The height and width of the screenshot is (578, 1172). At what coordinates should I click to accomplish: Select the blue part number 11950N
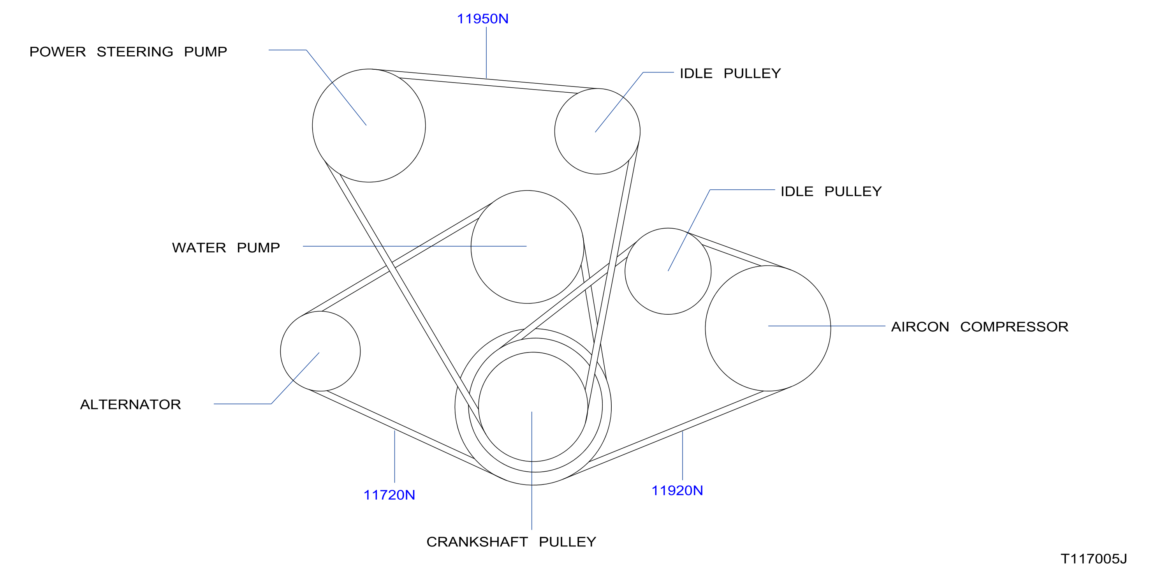click(482, 19)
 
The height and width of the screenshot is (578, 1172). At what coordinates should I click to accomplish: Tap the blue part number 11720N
click(389, 495)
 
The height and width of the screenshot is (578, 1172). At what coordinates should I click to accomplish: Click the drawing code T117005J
click(1094, 559)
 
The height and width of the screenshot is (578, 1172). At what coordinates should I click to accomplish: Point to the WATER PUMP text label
click(226, 248)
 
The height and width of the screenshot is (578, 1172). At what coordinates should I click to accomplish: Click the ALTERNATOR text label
click(130, 405)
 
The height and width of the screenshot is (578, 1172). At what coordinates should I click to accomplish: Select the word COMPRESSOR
click(1014, 327)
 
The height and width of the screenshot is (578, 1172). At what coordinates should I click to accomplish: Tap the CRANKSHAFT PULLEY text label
click(511, 542)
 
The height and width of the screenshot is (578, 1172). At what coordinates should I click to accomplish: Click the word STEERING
click(135, 52)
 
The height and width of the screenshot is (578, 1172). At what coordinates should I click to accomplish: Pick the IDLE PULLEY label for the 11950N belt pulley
click(730, 74)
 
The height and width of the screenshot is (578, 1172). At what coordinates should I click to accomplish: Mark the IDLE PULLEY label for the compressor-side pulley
click(831, 192)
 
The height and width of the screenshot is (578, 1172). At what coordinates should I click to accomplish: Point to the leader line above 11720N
click(394, 456)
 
